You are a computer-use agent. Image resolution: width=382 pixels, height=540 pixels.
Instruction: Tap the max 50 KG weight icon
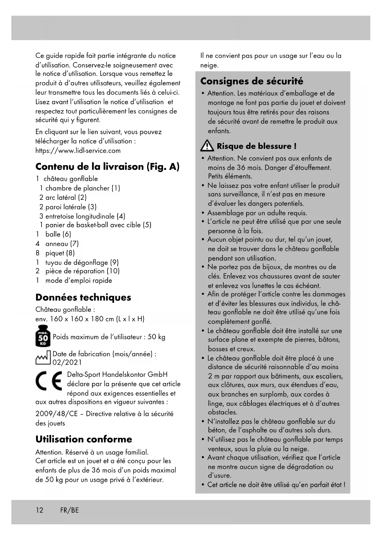pos(43,336)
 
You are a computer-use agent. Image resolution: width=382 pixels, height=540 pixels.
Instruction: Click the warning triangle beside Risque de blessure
pos(207,146)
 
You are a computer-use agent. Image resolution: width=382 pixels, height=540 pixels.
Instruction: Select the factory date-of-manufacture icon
pos(43,358)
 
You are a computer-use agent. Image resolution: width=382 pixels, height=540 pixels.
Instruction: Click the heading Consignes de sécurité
pos(251,81)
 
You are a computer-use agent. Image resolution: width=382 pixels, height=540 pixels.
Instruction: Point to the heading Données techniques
pos(83,297)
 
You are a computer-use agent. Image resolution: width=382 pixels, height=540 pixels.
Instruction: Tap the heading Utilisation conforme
pos(84,439)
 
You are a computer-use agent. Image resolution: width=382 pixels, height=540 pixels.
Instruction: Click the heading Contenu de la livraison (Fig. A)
pos(107,167)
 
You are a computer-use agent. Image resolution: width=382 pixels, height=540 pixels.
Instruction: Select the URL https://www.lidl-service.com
pos(78,151)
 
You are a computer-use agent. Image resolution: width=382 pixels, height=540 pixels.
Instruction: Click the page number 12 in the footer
pos(39,510)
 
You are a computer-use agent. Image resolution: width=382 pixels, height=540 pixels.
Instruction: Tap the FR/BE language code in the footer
pos(70,510)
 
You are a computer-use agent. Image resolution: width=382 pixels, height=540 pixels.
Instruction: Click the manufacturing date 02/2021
pos(67,362)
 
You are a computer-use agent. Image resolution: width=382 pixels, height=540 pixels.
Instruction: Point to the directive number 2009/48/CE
pos(57,413)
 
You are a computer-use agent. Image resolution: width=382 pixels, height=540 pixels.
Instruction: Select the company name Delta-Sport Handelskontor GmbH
pos(117,374)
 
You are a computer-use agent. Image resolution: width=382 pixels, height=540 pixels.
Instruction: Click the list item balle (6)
pos(58,234)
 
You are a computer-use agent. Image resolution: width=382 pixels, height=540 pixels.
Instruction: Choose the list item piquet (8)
pos(60,253)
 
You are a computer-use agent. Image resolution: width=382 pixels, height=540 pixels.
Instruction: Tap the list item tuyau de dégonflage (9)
pos(82,262)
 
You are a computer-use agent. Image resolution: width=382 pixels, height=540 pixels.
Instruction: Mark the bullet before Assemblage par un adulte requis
pos(203,213)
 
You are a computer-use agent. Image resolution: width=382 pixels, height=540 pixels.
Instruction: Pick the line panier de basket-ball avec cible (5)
pos(98,225)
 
